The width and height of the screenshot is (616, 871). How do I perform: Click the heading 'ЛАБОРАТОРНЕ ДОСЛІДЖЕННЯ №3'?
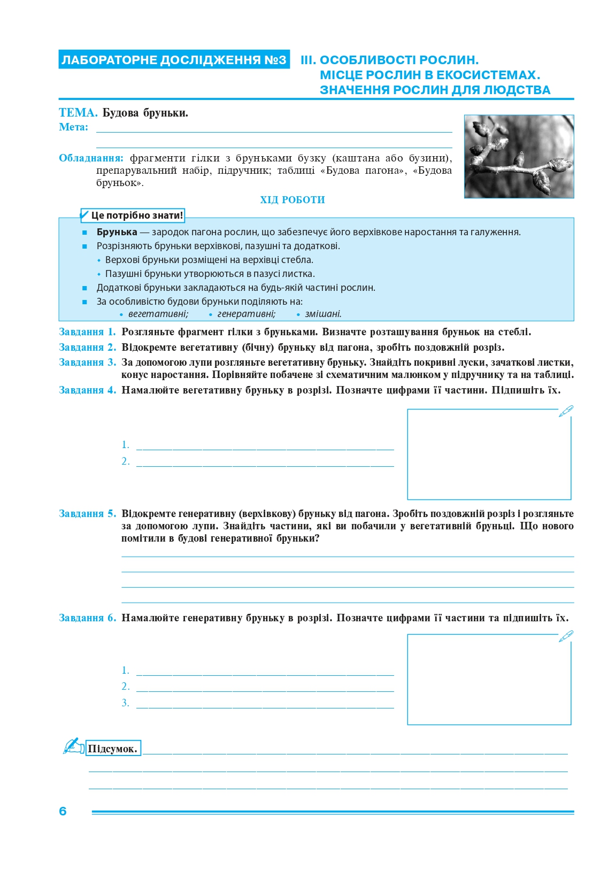click(x=174, y=60)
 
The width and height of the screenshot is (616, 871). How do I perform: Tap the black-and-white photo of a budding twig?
click(x=519, y=156)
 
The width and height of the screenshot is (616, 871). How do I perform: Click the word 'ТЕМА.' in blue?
click(x=78, y=113)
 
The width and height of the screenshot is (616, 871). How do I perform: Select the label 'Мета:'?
click(x=73, y=127)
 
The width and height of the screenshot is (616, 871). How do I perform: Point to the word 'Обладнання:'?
click(x=91, y=158)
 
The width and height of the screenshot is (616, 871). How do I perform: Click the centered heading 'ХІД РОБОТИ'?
click(x=292, y=200)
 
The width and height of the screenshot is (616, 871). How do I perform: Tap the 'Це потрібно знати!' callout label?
click(x=136, y=215)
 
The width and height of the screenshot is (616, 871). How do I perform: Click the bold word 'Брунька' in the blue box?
click(x=117, y=232)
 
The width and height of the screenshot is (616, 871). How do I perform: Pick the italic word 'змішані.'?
click(x=323, y=314)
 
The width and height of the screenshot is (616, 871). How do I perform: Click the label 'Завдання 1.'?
click(x=87, y=332)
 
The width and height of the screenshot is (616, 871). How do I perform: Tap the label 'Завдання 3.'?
click(x=87, y=363)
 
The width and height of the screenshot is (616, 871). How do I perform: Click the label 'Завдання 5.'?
click(x=87, y=514)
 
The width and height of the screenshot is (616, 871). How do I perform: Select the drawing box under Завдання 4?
click(x=489, y=454)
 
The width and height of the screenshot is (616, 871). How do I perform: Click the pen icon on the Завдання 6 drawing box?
click(x=566, y=636)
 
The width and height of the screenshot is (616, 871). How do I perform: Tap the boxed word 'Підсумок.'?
click(x=113, y=749)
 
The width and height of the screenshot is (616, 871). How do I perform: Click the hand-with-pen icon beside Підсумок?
click(x=74, y=746)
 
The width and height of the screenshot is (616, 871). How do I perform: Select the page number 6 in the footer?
click(x=63, y=811)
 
